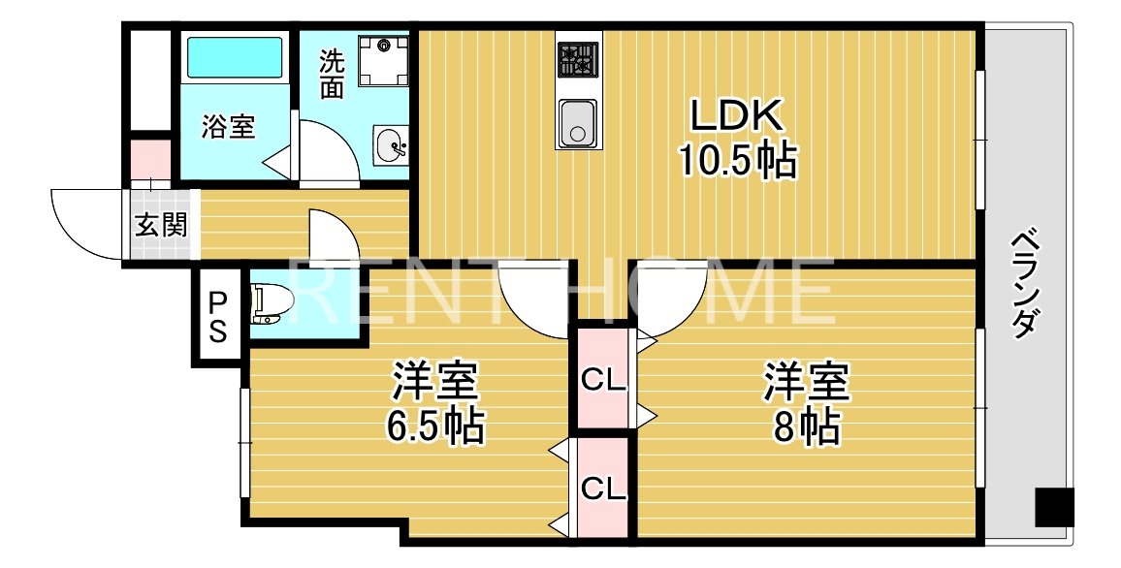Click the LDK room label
pyautogui.click(x=735, y=115)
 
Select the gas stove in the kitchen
pyautogui.click(x=578, y=60)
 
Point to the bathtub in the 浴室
pyautogui.click(x=234, y=58)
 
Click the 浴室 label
pyautogui.click(x=229, y=127)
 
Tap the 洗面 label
pyautogui.click(x=332, y=74)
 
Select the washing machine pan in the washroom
pyautogui.click(x=384, y=61)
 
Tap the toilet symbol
pyautogui.click(x=272, y=302)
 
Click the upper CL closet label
pyautogui.click(x=603, y=380)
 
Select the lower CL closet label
pyautogui.click(x=603, y=488)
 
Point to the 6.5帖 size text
pyautogui.click(x=434, y=426)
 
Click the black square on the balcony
pyautogui.click(x=1053, y=507)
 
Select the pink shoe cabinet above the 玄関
pyautogui.click(x=150, y=159)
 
